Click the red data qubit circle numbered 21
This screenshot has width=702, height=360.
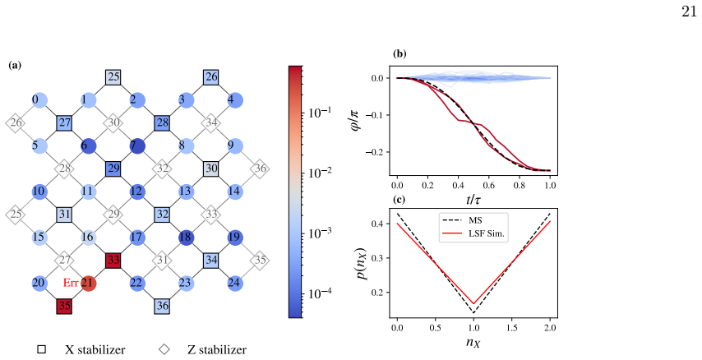(89, 284)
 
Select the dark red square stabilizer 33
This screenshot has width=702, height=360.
(113, 261)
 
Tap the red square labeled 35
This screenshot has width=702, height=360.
(64, 307)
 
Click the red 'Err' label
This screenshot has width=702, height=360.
(72, 283)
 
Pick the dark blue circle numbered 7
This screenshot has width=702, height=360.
(137, 146)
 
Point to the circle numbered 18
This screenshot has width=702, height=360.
(187, 237)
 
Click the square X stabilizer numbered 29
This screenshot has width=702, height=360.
(113, 168)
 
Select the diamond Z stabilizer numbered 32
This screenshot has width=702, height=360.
(162, 168)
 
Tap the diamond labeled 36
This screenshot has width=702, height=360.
(260, 168)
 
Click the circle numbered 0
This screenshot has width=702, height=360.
(39, 100)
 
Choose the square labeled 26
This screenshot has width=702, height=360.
(211, 77)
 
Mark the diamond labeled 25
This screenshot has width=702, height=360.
(16, 215)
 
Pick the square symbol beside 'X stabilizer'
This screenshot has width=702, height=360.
(41, 349)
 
